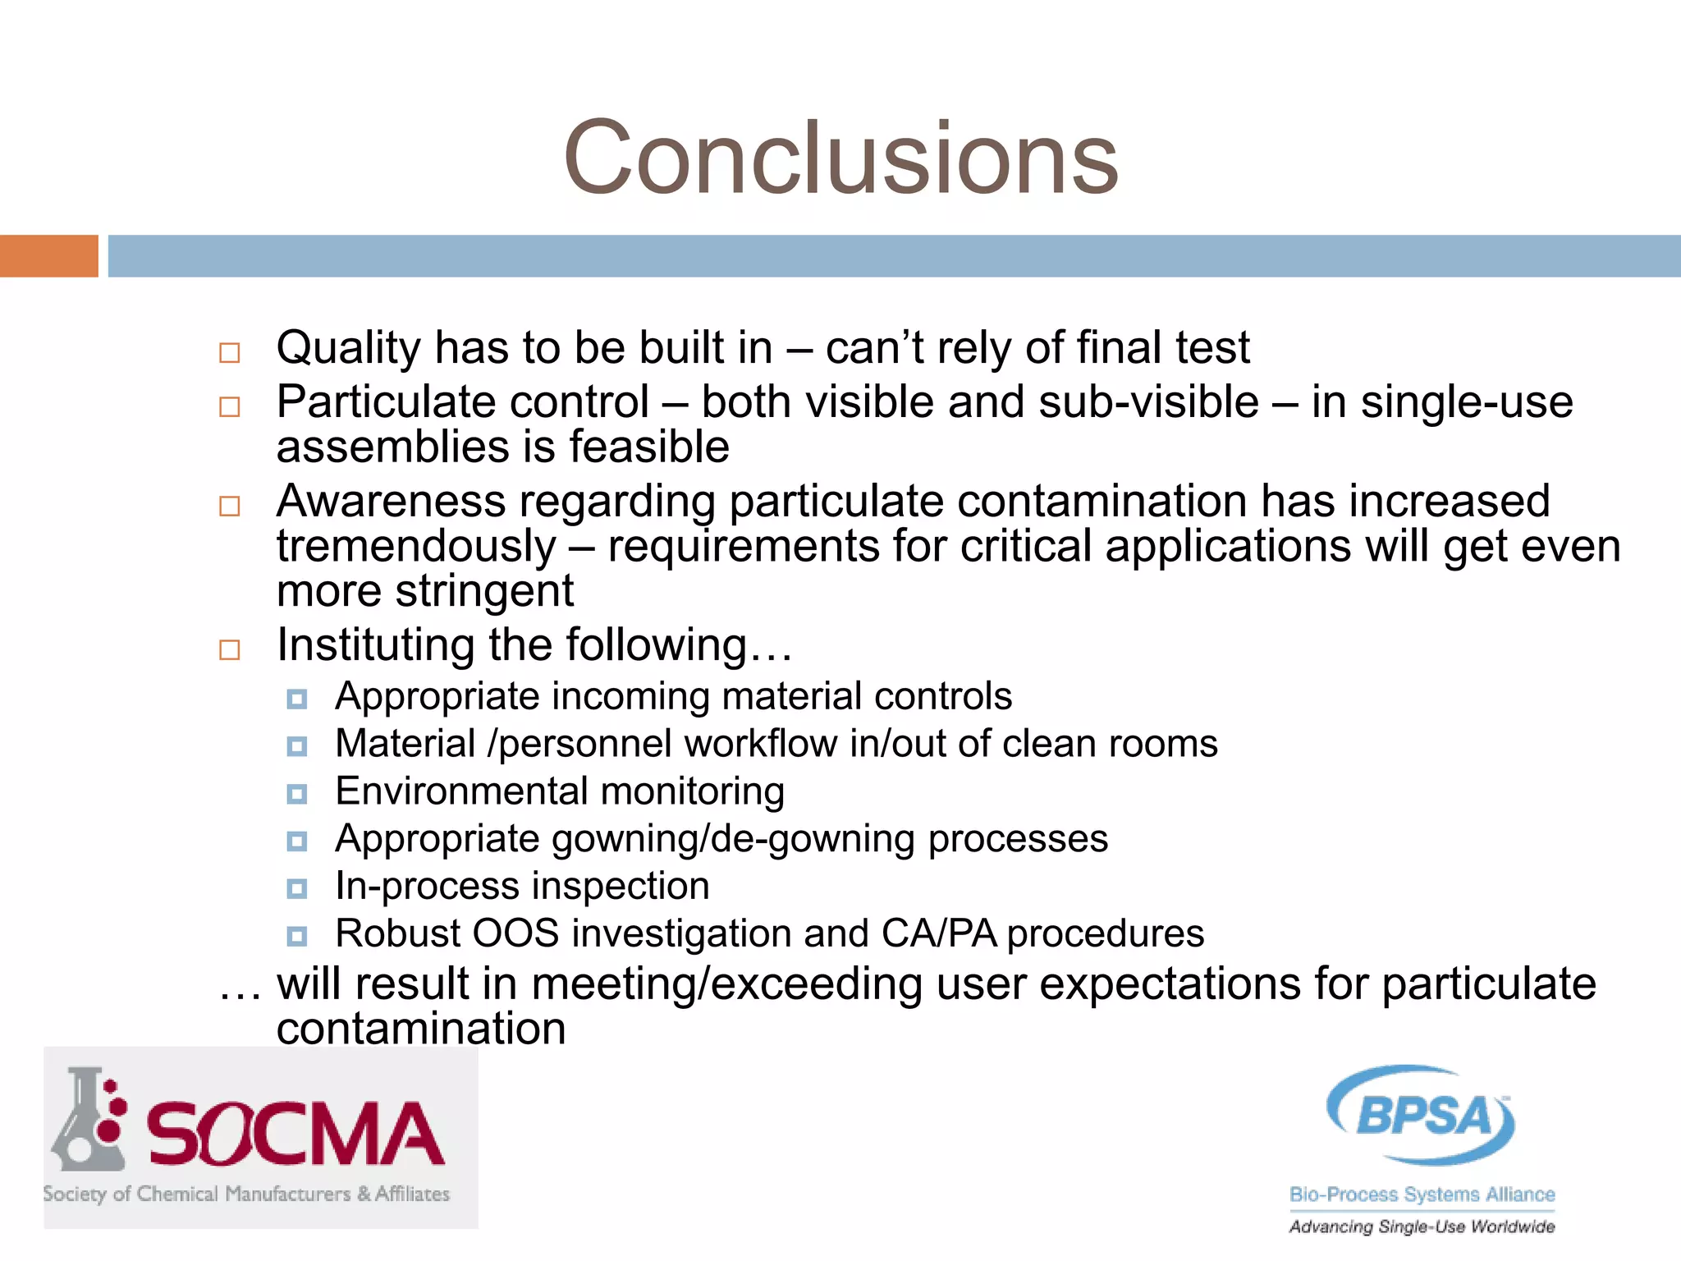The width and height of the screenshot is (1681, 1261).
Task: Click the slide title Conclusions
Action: click(x=840, y=158)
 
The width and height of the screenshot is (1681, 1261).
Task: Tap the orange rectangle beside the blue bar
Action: click(x=48, y=256)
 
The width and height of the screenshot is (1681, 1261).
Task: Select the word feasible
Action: click(x=648, y=447)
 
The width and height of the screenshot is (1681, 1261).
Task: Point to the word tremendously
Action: click(x=416, y=547)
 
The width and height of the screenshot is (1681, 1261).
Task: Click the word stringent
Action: click(x=483, y=591)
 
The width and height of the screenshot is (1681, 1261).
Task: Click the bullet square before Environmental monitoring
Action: click(x=297, y=794)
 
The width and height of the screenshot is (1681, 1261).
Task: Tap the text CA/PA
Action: click(x=939, y=933)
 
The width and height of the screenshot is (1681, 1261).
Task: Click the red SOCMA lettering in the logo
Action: click(x=295, y=1135)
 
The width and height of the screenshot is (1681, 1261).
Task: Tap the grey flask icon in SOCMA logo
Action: click(x=85, y=1121)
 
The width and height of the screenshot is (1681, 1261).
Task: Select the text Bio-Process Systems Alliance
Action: click(x=1422, y=1195)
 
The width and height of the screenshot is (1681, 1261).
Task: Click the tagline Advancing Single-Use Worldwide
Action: click(x=1422, y=1227)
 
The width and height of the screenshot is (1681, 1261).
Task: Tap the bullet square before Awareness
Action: click(x=230, y=506)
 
